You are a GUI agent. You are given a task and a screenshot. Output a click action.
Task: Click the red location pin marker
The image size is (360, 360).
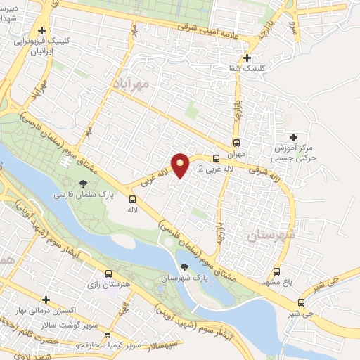(181, 165)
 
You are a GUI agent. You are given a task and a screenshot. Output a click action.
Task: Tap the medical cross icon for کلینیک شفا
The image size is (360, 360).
(246, 58)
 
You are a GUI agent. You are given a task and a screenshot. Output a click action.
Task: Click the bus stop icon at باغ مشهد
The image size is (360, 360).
(277, 271)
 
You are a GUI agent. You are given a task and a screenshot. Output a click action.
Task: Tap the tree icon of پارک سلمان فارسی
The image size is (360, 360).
(84, 184)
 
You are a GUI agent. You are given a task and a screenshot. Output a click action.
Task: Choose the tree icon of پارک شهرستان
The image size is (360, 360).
(184, 267)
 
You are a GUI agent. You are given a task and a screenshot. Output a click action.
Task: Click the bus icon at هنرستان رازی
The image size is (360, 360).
(107, 274)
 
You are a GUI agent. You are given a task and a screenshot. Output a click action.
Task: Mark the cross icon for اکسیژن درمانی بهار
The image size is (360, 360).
(46, 300)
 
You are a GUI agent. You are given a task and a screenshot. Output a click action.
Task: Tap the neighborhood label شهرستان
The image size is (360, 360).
(269, 235)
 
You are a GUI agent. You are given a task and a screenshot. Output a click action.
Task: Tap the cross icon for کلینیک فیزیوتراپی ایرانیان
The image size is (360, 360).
(42, 31)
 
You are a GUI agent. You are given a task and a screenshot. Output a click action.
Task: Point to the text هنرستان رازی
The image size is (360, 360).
(108, 286)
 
